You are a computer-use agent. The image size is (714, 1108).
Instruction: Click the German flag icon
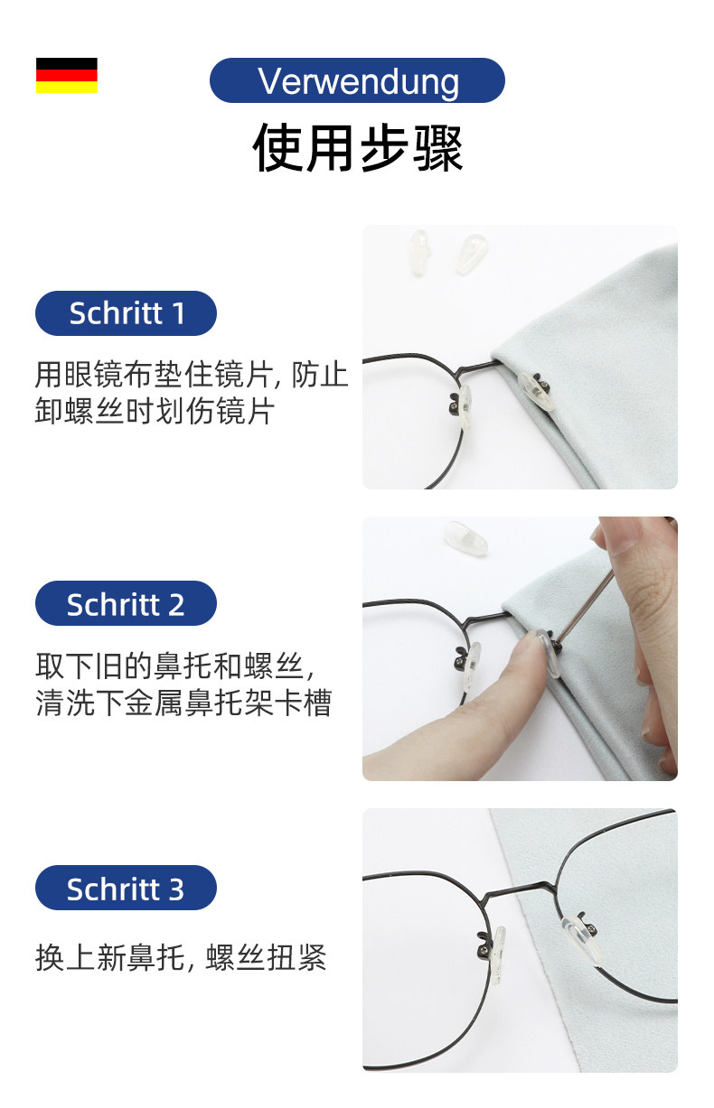tap(66, 75)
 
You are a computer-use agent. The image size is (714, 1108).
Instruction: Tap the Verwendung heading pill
tap(357, 80)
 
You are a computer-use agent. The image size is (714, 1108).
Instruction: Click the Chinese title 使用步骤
tap(357, 147)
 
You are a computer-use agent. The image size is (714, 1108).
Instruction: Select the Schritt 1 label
tap(126, 313)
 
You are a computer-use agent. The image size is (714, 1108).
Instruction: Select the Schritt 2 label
tap(126, 603)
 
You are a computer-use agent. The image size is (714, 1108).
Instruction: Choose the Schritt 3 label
tap(126, 888)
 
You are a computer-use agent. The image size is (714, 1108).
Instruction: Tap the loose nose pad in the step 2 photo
tap(465, 537)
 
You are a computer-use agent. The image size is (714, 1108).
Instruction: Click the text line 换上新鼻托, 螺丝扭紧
tap(181, 957)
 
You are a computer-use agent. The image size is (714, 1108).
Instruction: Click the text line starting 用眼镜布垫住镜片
tap(192, 375)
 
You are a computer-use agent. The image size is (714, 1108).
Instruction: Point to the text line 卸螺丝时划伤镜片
tap(155, 411)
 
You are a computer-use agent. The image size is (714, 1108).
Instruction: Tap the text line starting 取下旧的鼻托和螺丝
tap(174, 666)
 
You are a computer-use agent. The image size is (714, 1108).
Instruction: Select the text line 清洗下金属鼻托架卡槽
tap(183, 703)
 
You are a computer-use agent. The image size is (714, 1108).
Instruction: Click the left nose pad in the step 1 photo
tap(464, 407)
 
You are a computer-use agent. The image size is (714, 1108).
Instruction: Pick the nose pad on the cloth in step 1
tap(536, 390)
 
